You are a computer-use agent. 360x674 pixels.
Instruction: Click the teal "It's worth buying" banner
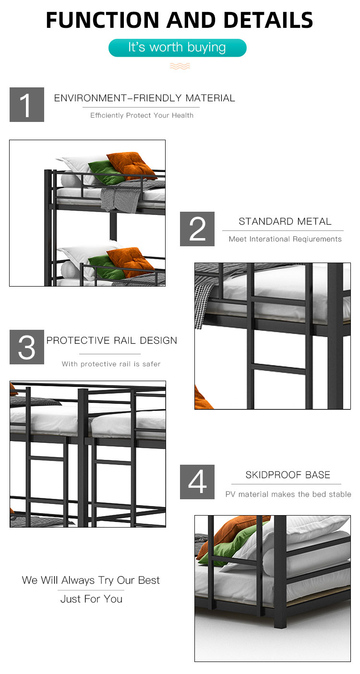(x=178, y=48)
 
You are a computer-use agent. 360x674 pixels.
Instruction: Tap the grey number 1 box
(x=27, y=105)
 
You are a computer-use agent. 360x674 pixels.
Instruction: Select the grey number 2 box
(x=197, y=229)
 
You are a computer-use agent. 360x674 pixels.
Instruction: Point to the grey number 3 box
(x=27, y=347)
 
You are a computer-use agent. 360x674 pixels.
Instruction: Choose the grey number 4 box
(x=197, y=482)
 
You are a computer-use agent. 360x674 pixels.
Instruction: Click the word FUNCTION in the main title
(x=102, y=20)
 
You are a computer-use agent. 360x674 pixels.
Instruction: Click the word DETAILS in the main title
(x=268, y=20)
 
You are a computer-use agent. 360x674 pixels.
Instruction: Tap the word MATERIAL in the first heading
(x=210, y=98)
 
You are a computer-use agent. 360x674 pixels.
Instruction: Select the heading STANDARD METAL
(x=285, y=221)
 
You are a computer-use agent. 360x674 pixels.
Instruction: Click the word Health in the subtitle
(x=182, y=115)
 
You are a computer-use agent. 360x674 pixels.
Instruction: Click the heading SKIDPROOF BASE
(x=288, y=475)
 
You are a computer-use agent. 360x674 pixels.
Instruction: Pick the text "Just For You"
(x=91, y=599)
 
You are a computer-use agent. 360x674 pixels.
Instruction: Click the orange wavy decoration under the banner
(x=180, y=66)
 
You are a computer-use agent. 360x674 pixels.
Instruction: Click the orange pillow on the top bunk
(x=131, y=165)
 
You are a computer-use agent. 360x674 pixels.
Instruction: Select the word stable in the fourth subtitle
(x=340, y=494)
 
